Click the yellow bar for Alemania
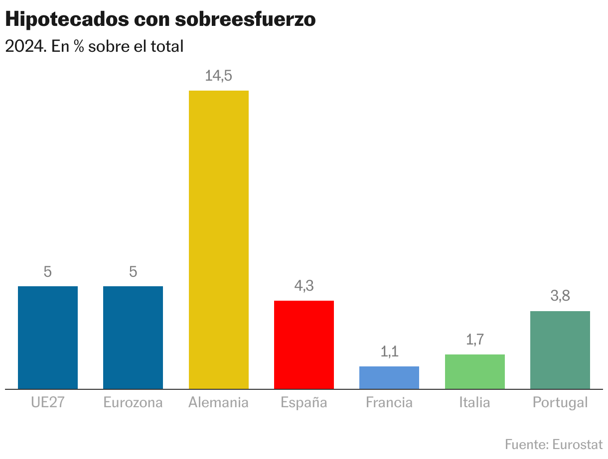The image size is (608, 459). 219,239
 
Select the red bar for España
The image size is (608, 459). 304,344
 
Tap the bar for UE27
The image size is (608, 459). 48,338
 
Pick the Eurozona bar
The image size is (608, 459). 133,338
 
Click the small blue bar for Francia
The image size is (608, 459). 389,377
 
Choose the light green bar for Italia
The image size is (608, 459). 474,371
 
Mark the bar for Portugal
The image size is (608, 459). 560,350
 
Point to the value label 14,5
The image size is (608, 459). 219,76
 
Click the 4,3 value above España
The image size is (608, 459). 304,286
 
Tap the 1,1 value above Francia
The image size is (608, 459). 389,352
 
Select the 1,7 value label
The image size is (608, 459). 474,340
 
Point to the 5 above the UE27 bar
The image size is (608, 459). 48,272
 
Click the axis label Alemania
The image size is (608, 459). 218,402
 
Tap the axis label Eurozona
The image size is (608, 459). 133,402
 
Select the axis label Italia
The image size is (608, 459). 474,402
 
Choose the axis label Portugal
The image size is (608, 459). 560,402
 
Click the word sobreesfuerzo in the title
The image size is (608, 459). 245,19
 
